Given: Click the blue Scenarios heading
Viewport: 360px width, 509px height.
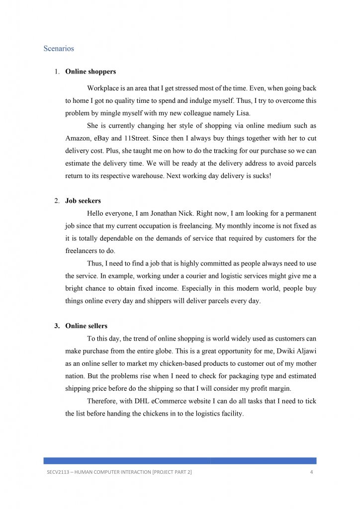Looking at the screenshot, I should coord(59,49).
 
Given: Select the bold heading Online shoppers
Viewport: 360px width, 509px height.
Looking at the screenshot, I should coord(90,72).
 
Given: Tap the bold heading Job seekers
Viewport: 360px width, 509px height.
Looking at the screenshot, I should coord(83,201).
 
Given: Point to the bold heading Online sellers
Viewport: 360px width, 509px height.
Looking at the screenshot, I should coord(86,326).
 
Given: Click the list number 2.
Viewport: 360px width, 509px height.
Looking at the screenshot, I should coord(57,201).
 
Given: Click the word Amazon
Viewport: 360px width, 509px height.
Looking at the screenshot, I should coord(79,138).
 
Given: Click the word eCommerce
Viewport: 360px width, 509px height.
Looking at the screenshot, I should coord(177,401).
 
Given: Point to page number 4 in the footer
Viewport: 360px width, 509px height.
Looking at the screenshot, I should coord(311,472).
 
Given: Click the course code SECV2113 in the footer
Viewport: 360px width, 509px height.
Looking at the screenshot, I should coord(52,472).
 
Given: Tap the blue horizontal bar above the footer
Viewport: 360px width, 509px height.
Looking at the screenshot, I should coord(180,461).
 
